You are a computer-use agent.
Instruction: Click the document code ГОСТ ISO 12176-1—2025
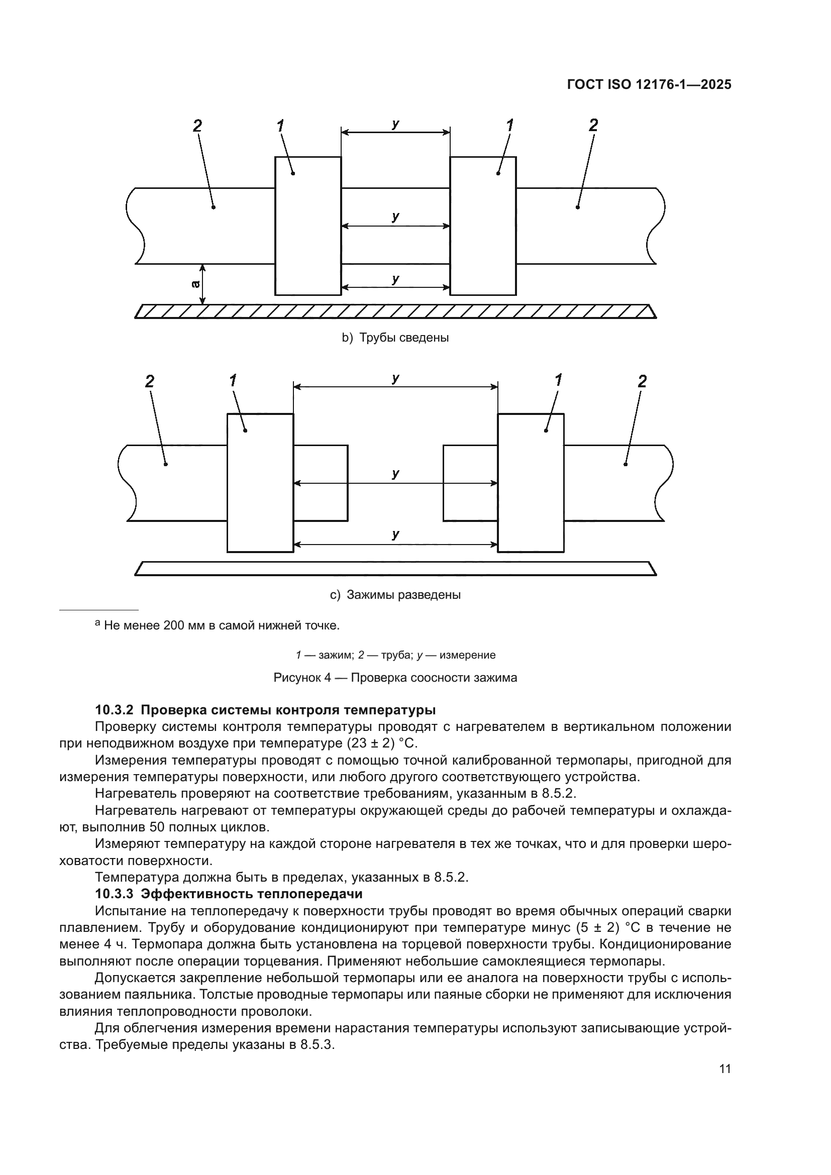coord(649,84)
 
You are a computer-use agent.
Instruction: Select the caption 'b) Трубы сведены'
coord(395,338)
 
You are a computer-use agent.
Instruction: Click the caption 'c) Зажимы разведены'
coord(395,595)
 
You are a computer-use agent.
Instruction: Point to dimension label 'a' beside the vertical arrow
coord(195,284)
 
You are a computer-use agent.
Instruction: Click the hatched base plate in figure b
coord(395,311)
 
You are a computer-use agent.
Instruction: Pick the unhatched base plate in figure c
coord(395,568)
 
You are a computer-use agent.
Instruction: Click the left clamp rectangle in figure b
coord(308,226)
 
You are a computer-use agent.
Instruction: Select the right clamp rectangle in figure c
coord(531,483)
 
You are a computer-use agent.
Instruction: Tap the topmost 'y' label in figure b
coord(395,124)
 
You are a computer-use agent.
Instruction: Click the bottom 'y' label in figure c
coord(395,535)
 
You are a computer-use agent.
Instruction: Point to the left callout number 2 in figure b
coord(197,125)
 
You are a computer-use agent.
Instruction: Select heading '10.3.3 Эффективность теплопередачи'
coord(229,894)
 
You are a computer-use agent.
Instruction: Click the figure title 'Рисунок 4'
coord(305,678)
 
